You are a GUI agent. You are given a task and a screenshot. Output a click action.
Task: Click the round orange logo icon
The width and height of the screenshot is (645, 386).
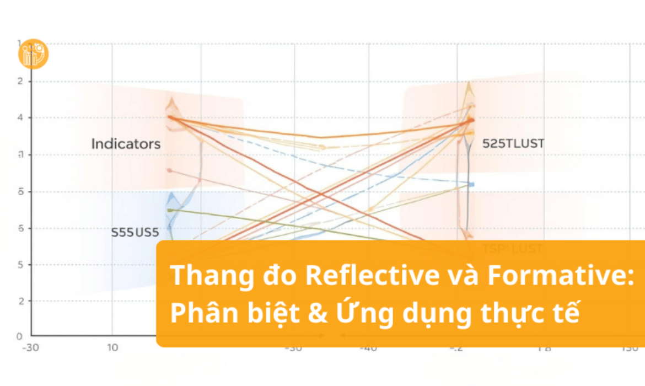[33, 54]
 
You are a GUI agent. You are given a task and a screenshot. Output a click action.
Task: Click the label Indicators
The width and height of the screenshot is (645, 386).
[126, 144]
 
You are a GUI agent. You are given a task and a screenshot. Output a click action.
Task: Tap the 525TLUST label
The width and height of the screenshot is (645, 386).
[513, 143]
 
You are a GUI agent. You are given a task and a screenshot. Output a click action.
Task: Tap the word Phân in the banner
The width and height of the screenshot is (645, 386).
[200, 314]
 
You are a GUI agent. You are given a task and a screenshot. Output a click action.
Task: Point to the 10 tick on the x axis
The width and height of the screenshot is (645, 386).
[112, 348]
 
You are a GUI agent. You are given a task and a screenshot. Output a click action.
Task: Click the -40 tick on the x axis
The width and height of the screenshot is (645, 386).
[368, 349]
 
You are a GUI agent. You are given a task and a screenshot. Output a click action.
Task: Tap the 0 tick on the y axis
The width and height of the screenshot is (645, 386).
[19, 336]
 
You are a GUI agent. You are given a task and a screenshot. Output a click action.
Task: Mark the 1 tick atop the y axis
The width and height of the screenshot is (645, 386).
[19, 44]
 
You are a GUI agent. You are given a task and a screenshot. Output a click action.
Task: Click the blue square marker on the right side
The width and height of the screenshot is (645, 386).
[471, 184]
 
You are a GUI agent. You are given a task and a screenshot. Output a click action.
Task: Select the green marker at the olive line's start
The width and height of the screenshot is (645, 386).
[169, 210]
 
